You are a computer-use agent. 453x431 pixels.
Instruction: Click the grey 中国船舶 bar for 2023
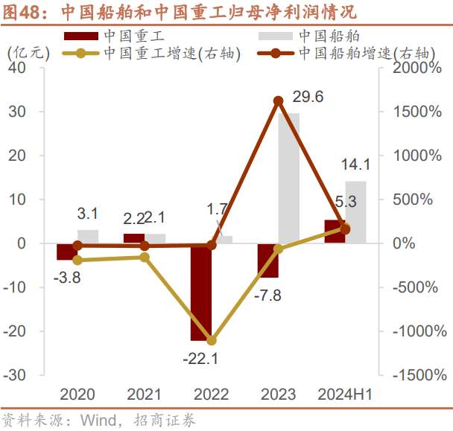(x=289, y=178)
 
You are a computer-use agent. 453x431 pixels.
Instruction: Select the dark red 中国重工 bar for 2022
(x=201, y=291)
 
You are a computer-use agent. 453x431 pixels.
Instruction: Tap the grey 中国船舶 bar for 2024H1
(x=355, y=212)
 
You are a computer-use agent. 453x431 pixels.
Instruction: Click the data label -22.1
(x=200, y=359)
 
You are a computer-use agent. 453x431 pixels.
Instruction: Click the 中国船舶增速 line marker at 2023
(x=278, y=101)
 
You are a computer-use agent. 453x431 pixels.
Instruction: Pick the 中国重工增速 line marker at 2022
(x=212, y=340)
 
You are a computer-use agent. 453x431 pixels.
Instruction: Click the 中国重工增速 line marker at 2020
(x=78, y=260)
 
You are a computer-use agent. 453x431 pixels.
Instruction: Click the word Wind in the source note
(x=95, y=421)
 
